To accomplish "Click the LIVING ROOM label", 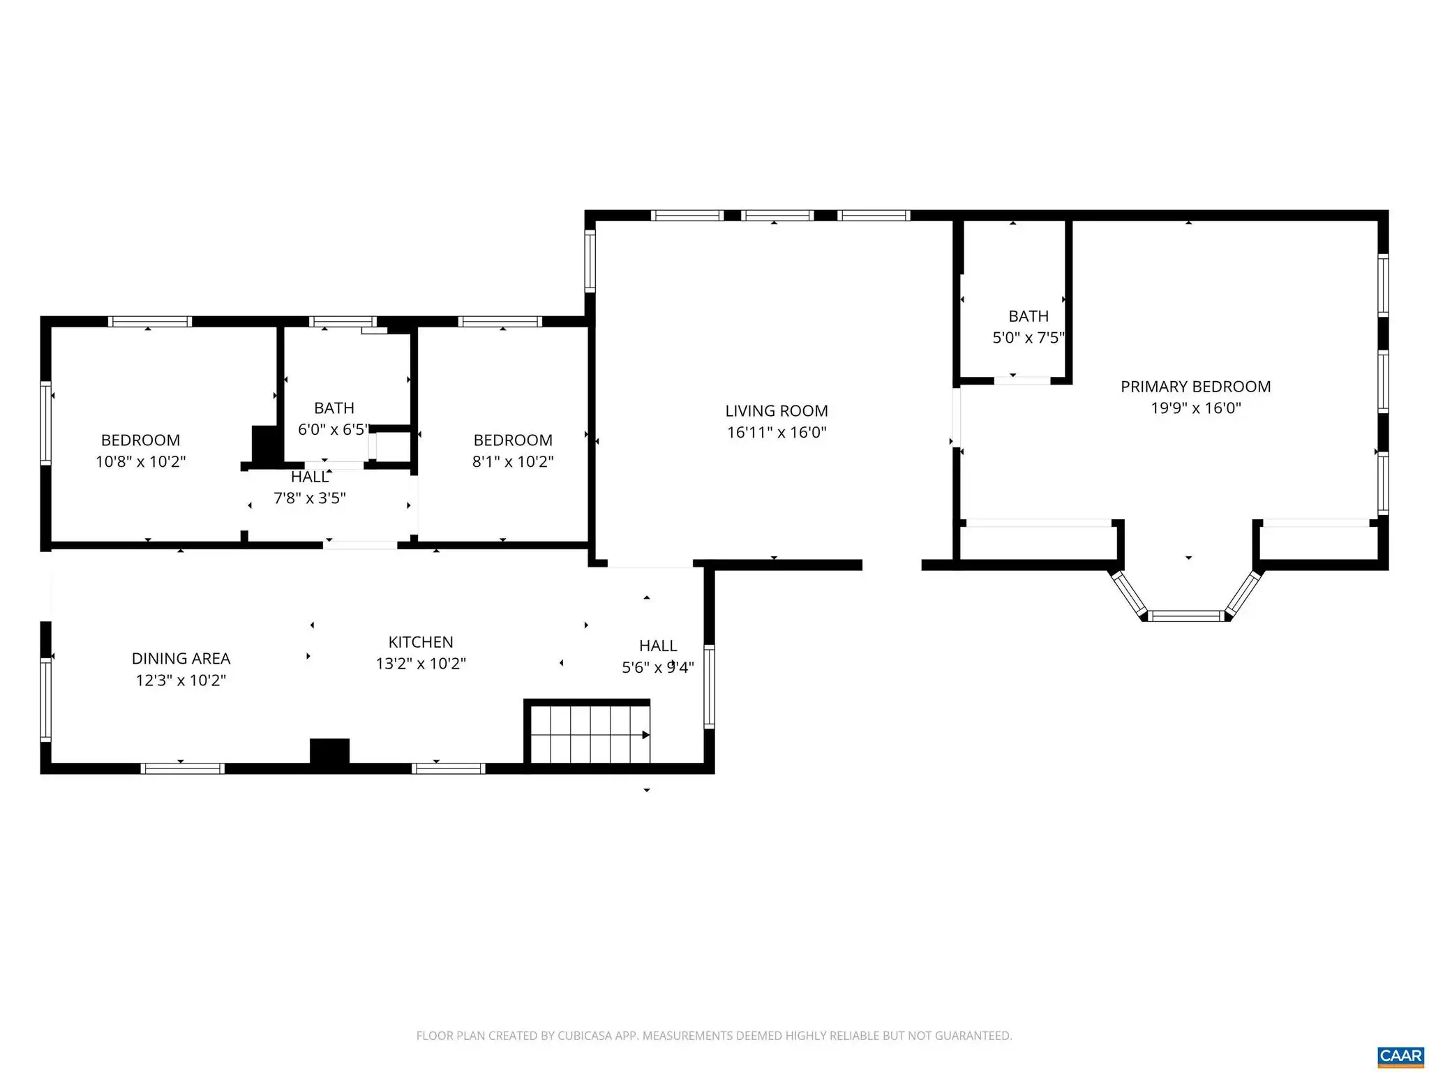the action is [777, 411].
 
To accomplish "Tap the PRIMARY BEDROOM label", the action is [1195, 387].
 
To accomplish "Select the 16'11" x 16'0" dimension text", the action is [777, 433].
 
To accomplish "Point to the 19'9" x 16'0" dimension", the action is [1195, 408].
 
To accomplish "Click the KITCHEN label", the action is [421, 642].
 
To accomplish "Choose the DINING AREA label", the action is [181, 659].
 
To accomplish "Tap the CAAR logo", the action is [1400, 1055].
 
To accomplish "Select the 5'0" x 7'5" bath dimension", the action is [1028, 338].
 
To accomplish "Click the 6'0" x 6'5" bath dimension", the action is [334, 430].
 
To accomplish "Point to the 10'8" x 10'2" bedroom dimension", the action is [141, 462].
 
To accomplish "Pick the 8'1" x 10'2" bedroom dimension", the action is [513, 462].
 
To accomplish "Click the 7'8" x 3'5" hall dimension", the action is [310, 498].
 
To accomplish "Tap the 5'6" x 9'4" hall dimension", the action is [658, 668].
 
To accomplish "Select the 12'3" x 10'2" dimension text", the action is [181, 680].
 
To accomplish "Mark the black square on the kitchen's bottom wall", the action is [329, 752].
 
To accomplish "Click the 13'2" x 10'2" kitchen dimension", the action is [421, 664].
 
